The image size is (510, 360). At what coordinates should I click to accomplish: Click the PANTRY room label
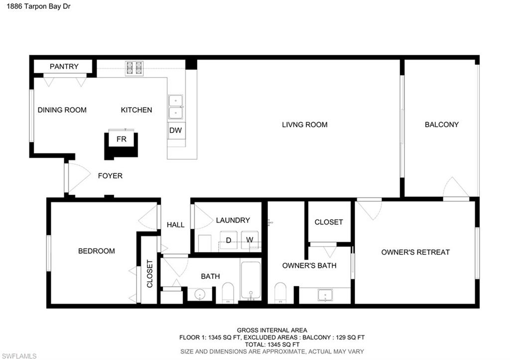64,66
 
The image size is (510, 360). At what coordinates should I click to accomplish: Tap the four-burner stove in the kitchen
134,68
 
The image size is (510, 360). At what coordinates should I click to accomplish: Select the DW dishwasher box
175,130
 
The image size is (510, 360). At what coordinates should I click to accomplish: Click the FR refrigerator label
122,139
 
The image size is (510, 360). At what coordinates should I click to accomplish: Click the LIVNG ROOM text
304,124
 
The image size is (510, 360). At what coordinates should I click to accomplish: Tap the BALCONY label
441,124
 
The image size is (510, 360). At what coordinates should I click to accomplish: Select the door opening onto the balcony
455,188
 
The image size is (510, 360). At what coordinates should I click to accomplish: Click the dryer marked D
229,240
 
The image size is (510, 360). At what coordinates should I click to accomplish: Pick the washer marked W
251,240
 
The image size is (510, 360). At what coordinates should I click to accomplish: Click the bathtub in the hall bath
251,281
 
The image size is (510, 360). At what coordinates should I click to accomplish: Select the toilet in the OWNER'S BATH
280,292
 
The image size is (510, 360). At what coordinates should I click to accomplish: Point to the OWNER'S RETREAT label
415,252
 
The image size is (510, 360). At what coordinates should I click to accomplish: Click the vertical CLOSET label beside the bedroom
150,273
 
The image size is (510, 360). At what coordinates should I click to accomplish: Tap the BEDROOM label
97,251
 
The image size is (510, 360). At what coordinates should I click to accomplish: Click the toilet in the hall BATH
228,293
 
